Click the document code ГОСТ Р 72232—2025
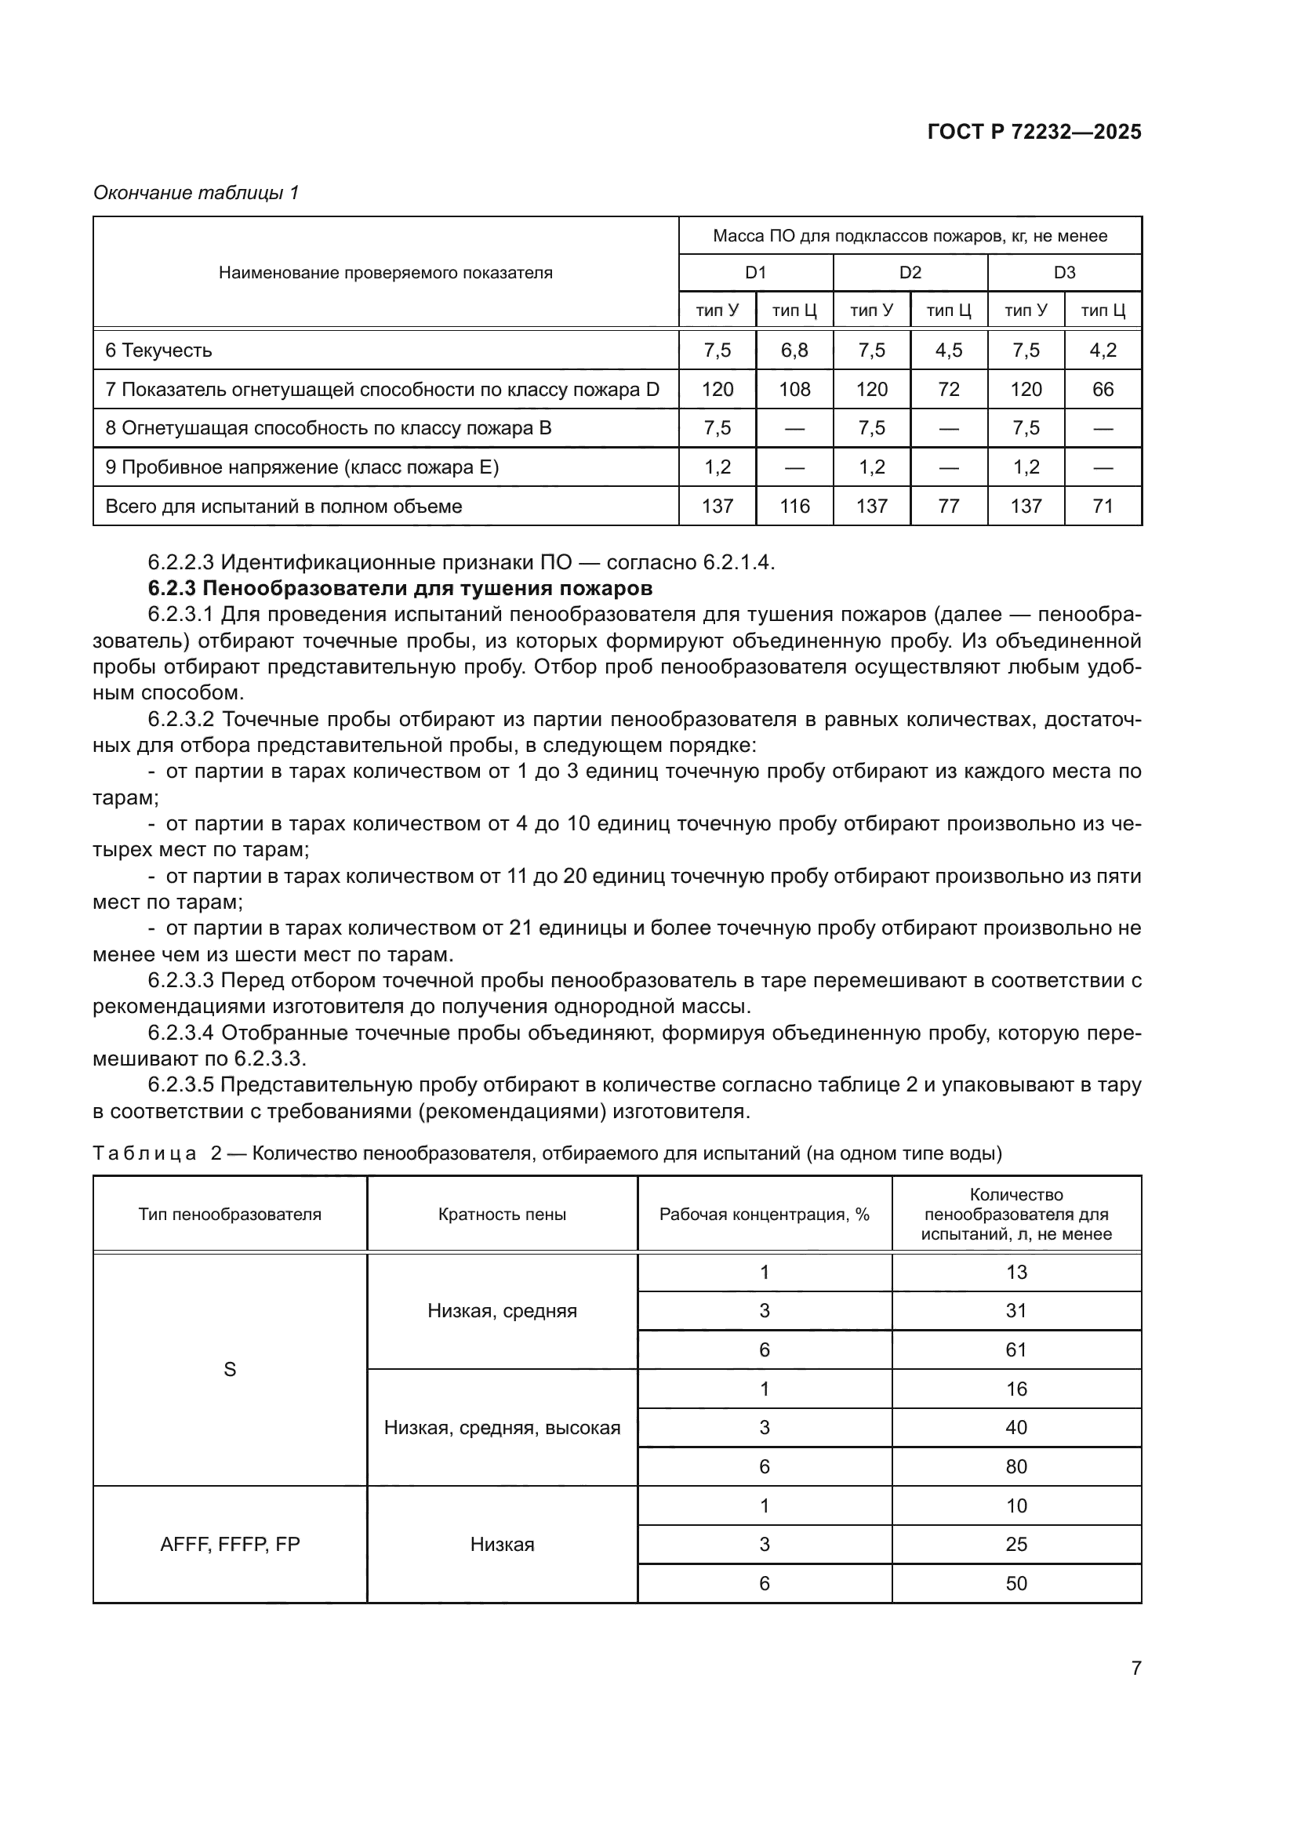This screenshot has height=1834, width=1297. point(1034,132)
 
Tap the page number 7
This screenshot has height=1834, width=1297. point(1135,1668)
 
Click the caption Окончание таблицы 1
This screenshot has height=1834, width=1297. point(196,193)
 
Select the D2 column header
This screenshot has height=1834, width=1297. point(910,272)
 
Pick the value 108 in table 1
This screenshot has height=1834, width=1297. point(794,389)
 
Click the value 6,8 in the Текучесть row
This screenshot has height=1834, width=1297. point(794,350)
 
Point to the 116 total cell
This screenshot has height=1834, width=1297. point(794,506)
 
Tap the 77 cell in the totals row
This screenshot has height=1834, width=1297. point(948,506)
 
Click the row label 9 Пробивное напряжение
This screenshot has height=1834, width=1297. point(302,467)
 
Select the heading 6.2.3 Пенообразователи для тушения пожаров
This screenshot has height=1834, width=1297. point(400,589)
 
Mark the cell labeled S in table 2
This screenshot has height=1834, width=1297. point(229,1369)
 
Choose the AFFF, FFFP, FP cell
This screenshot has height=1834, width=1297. point(229,1544)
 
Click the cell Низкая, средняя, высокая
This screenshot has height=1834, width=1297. point(502,1427)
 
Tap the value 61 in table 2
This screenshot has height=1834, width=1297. point(1015,1350)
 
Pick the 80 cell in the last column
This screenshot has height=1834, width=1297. point(1015,1466)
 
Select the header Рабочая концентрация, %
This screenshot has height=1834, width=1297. point(764,1214)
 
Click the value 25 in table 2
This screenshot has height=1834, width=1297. point(1015,1544)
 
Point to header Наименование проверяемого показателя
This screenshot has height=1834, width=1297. point(385,273)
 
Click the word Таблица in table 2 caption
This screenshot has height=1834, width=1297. point(144,1153)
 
